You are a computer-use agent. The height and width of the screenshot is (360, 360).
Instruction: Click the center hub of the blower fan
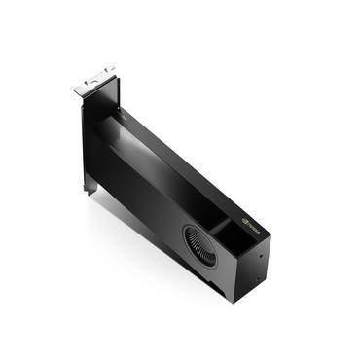click(x=202, y=241)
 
